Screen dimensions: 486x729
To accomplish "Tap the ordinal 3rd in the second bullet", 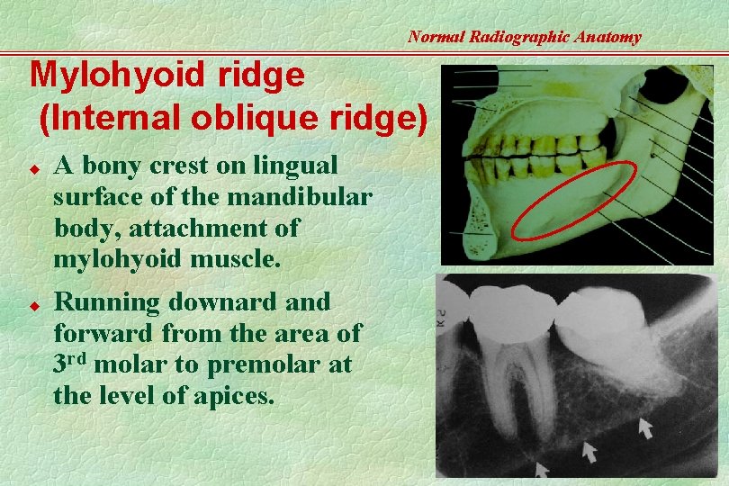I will tap(70, 364).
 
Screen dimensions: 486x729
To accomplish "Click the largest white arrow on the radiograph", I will tap(645, 427).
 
